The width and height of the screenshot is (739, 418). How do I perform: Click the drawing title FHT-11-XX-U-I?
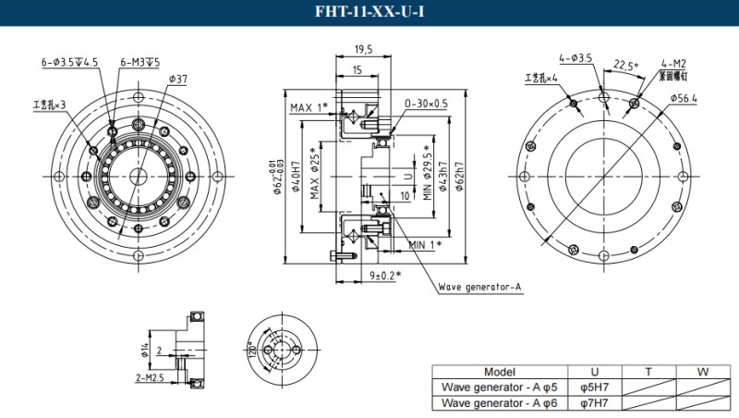pos(369,12)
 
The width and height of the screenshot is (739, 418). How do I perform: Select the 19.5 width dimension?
pos(363,51)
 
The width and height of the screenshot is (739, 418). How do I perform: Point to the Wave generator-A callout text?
pos(479,287)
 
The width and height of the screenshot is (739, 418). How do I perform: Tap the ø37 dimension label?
pos(177,79)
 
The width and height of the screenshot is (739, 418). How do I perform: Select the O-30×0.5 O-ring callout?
pos(426,104)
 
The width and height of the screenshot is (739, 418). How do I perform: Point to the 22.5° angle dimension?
pos(625,66)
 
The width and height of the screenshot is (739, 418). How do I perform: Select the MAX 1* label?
pos(309,108)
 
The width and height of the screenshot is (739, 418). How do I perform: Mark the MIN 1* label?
pos(425,244)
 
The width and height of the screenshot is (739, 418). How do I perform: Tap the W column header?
pos(703,372)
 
